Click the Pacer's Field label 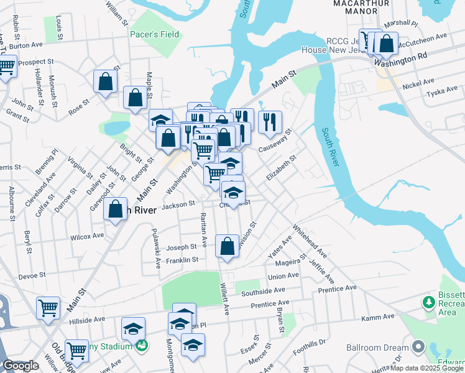point(154,35)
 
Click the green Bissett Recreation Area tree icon point(428,303)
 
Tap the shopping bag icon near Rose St point(106,81)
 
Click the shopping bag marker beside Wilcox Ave point(116,210)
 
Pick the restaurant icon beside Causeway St point(270,122)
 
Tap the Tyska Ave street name point(442,93)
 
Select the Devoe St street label point(32,275)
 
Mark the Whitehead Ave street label point(310,241)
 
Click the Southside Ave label point(263,290)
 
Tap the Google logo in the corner point(21,366)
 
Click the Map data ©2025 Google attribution point(426,368)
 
